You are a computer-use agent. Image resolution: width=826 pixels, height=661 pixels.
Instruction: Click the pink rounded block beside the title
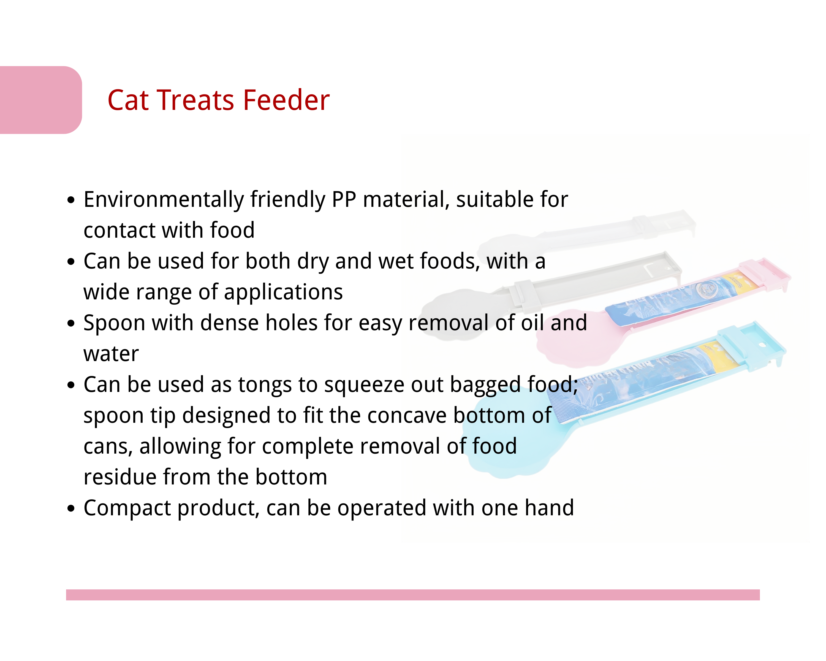pos(41,100)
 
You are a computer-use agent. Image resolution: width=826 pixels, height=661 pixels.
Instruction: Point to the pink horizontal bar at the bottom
pos(413,595)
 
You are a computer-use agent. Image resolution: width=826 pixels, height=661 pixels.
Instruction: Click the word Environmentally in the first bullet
pos(164,200)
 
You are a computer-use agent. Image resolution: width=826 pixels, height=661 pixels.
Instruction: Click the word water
pos(111,354)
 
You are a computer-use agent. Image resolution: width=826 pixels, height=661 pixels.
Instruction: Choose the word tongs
pos(264,385)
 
